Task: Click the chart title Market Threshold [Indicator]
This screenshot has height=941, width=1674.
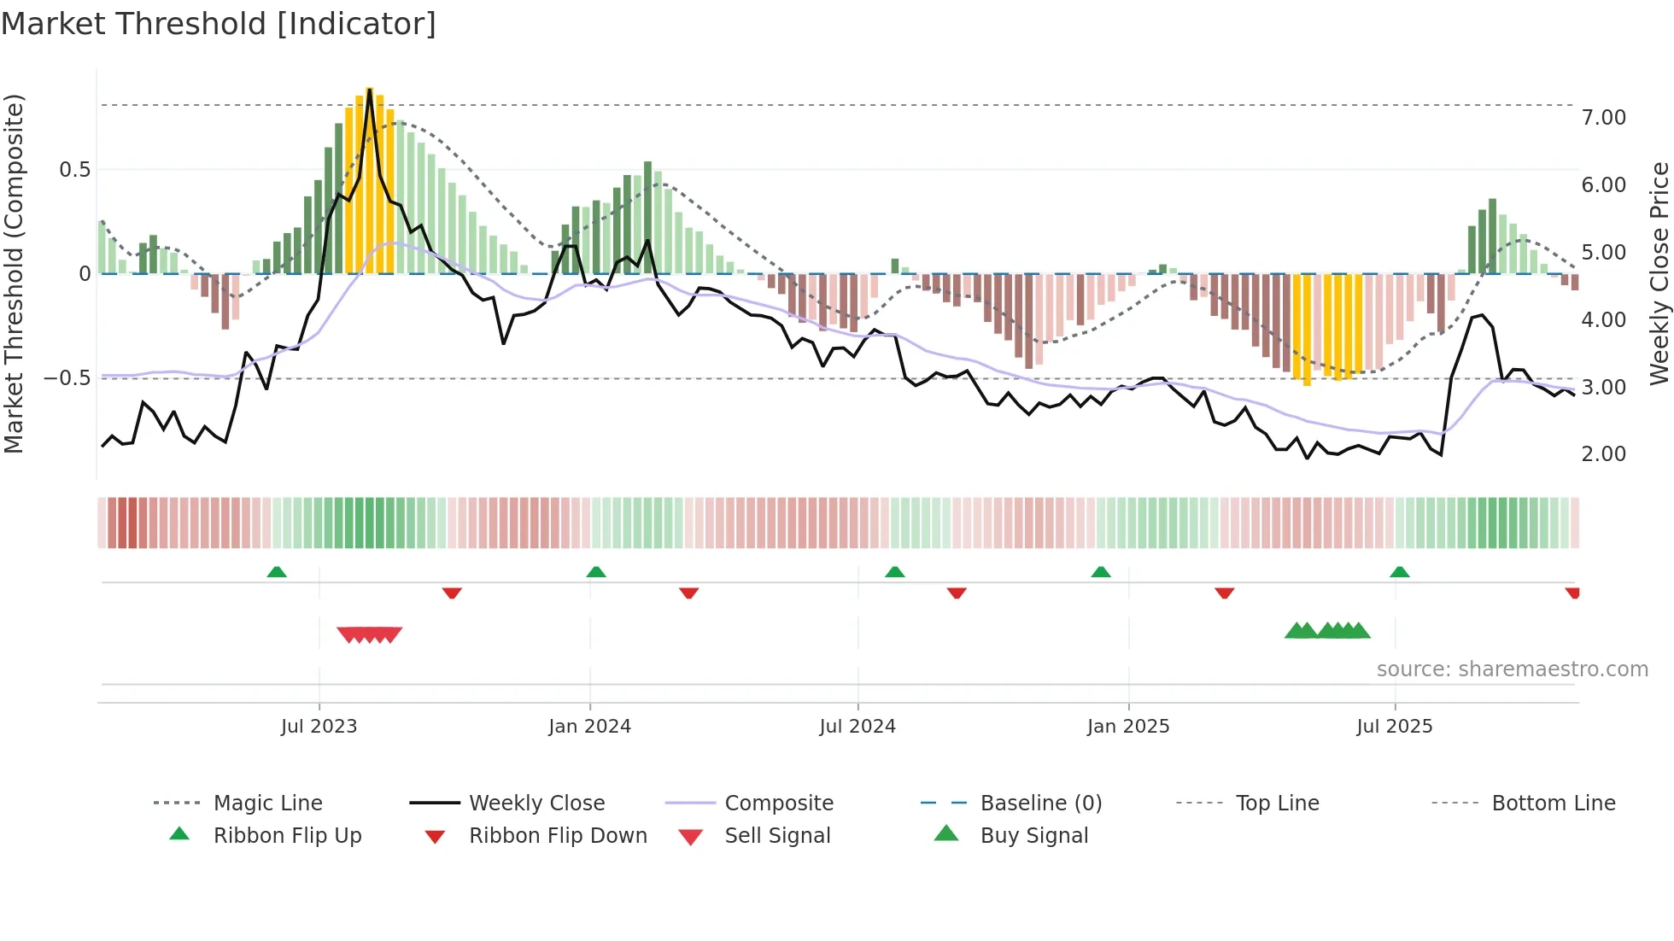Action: [219, 24]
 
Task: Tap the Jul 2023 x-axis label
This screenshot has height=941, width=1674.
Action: [319, 727]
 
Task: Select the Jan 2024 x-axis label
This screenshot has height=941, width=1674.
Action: [589, 727]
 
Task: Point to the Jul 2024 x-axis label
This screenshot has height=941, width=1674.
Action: [857, 727]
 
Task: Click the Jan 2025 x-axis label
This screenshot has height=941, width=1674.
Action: [1128, 727]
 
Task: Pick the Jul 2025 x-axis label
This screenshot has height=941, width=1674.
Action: [1395, 727]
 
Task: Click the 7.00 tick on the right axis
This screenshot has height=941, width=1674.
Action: [1603, 118]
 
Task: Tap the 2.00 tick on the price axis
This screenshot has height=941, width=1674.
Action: [1603, 454]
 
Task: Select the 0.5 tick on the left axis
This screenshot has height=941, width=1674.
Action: [74, 170]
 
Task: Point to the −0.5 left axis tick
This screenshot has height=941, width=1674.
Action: [67, 378]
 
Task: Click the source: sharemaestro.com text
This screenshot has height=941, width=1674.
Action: [1512, 669]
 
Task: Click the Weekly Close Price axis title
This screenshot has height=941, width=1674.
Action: [1659, 273]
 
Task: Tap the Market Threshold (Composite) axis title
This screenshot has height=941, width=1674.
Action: [14, 273]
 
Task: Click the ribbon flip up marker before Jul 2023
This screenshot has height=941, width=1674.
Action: [277, 572]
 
